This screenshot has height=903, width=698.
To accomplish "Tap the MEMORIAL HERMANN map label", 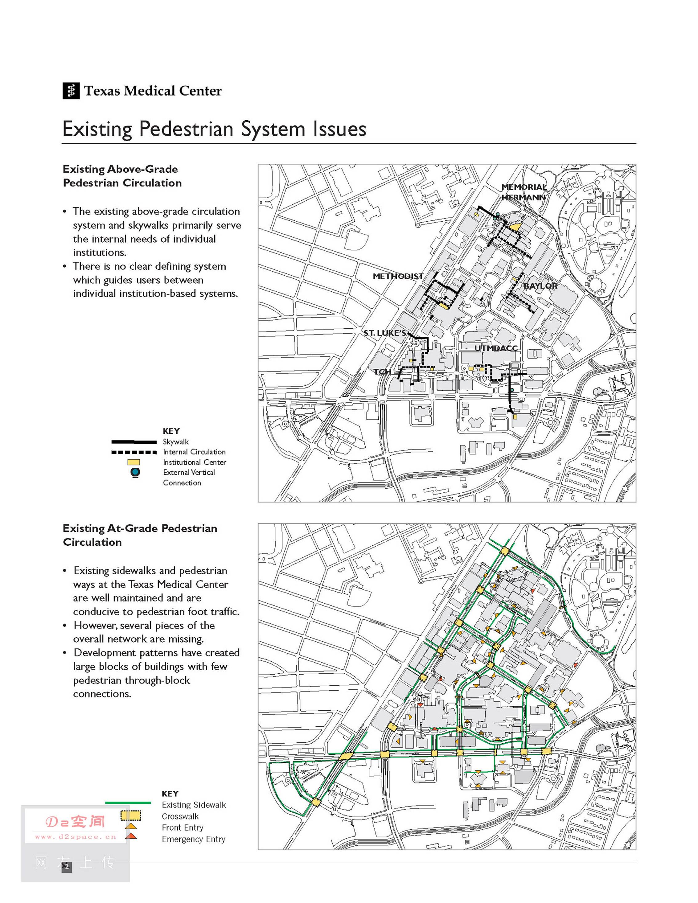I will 523,192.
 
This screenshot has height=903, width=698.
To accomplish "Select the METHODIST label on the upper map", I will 398,276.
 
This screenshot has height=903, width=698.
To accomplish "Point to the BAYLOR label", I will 540,286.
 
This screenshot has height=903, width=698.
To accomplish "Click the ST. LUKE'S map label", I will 385,333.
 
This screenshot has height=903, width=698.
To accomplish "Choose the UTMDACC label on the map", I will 496,348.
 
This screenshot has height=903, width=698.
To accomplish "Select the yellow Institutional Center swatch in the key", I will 134,462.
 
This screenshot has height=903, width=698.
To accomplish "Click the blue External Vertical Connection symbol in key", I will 135,472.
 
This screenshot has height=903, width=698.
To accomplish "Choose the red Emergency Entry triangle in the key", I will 131,836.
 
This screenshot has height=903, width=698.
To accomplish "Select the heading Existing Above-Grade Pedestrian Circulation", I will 122,176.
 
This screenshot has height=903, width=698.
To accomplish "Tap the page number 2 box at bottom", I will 66,867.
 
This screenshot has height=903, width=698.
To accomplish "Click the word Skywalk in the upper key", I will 175,442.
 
